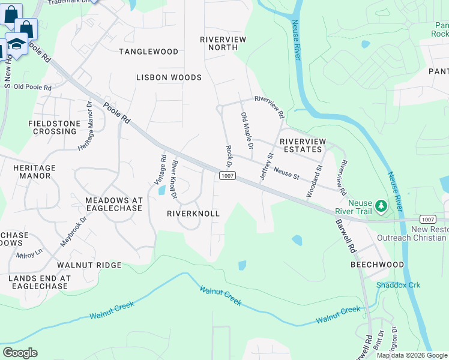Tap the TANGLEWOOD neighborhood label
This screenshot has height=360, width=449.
coord(148,52)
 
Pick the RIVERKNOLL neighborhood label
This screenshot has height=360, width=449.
coord(193,214)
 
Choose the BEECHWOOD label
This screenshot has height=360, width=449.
coord(378,265)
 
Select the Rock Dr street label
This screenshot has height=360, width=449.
coord(228,155)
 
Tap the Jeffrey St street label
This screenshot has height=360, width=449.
coord(266,167)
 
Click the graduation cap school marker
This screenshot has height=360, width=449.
coord(16,44)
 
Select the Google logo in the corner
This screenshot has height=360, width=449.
coord(20,353)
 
